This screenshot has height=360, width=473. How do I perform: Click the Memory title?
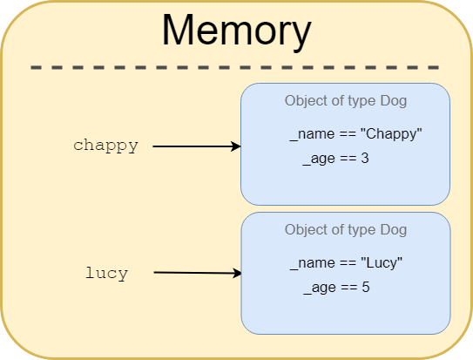point(236,31)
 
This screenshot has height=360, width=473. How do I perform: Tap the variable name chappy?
point(105,146)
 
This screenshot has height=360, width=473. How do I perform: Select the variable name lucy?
point(106,273)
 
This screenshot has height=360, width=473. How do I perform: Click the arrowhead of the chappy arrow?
point(236,146)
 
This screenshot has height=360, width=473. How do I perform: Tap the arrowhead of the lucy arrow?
point(237,274)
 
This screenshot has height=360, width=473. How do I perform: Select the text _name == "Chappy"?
point(355,135)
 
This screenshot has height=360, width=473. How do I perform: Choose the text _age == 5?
point(336,287)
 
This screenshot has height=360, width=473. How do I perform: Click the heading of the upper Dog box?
point(345,101)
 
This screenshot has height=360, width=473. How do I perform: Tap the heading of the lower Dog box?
point(345,230)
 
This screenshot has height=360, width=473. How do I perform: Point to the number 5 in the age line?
point(366,287)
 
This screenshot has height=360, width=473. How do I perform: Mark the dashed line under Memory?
point(235,67)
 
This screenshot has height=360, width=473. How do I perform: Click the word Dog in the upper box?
point(393,101)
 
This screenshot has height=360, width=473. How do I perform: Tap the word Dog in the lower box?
point(393,230)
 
